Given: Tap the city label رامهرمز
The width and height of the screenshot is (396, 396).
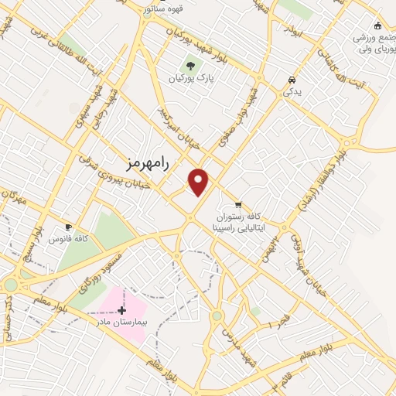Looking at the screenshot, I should (146, 162).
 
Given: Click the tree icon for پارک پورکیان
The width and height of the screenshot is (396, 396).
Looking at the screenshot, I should (189, 65).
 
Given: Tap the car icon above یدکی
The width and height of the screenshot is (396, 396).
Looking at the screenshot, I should (292, 80).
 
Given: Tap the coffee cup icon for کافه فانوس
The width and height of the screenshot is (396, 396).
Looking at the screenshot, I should (68, 227).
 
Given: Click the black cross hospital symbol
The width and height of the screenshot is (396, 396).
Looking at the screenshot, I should (121, 310).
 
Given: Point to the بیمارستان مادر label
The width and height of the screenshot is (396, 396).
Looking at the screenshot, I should (115, 320).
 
